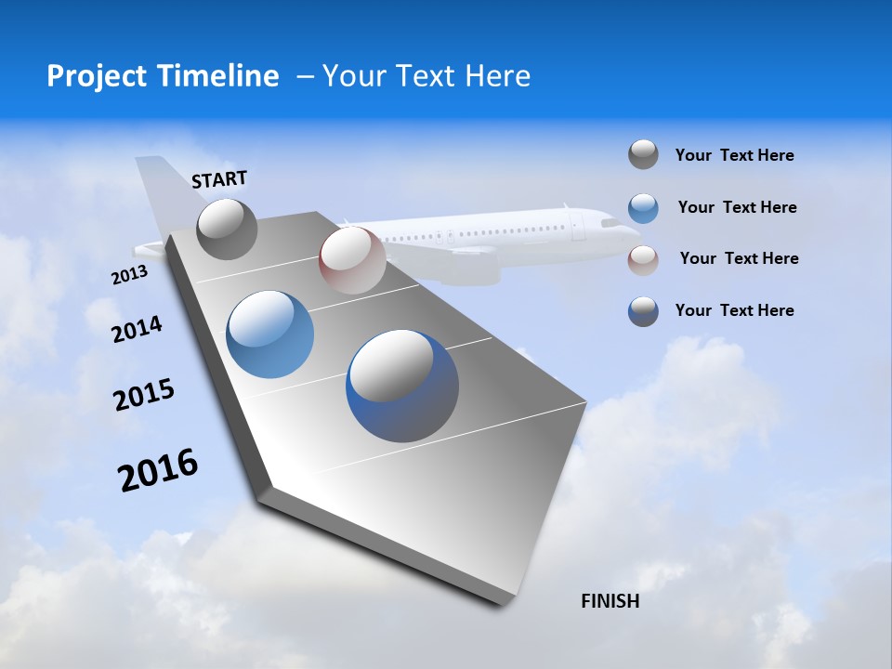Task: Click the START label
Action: [x=219, y=179]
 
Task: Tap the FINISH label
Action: [x=610, y=601]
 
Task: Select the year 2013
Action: [x=129, y=275]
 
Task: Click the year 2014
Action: [x=137, y=330]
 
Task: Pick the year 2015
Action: [x=144, y=395]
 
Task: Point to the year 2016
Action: [x=158, y=469]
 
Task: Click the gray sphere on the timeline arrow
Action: [x=227, y=229]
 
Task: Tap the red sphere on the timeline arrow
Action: [x=351, y=260]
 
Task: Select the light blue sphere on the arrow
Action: [x=270, y=334]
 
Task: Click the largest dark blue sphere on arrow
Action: [x=402, y=386]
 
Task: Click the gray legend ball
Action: [x=643, y=155]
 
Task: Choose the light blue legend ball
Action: [x=643, y=207]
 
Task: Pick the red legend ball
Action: [x=643, y=259]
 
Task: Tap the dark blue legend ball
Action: [x=643, y=310]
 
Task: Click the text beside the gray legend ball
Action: [x=734, y=155]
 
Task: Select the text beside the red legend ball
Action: [x=739, y=258]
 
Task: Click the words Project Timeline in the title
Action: [x=163, y=76]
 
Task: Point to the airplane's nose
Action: [x=636, y=224]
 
